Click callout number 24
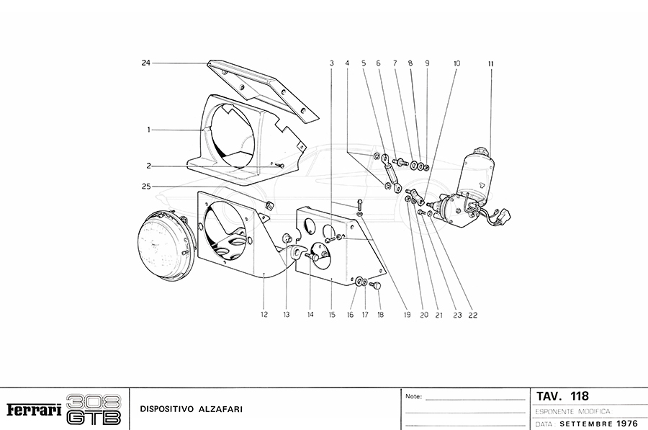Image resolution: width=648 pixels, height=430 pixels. (145, 63)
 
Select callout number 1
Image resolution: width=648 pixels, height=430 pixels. (148, 130)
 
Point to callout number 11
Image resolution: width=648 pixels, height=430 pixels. (490, 63)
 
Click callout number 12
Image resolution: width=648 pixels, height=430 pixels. (264, 315)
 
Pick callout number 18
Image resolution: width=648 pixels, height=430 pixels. (380, 315)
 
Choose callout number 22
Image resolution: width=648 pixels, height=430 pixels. (473, 315)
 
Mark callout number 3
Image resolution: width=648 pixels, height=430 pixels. (332, 63)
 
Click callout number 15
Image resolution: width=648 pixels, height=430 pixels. (332, 315)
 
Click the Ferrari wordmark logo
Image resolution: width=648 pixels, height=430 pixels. (34, 410)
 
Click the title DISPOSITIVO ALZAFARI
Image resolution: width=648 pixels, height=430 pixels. (192, 409)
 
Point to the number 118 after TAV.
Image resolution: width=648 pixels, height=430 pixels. (580, 396)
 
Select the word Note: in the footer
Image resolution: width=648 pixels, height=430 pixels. (413, 396)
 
